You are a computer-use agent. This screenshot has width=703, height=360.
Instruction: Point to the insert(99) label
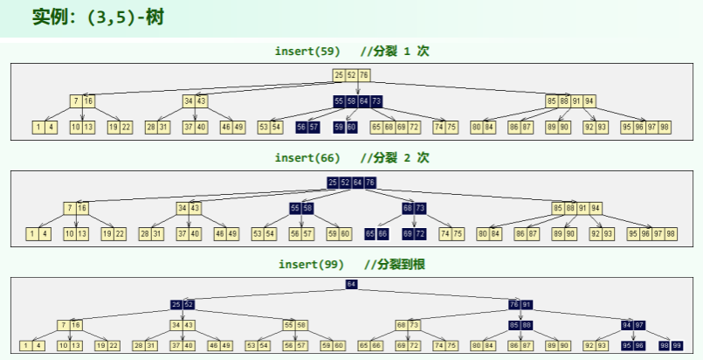pyautogui.click(x=311, y=264)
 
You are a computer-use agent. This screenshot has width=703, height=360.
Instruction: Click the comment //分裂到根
pyautogui.click(x=395, y=264)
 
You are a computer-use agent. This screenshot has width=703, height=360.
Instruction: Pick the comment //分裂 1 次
pyautogui.click(x=395, y=52)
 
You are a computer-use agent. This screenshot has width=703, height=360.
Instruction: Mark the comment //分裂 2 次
pyautogui.click(x=395, y=157)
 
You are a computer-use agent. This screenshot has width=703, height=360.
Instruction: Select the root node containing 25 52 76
pyautogui.click(x=351, y=75)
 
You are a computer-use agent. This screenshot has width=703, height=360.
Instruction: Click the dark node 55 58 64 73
pyautogui.click(x=358, y=101)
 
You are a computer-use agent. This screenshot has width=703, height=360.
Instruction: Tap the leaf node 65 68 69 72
pyautogui.click(x=395, y=128)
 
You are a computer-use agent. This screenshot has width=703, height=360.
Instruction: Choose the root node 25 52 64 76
pyautogui.click(x=351, y=182)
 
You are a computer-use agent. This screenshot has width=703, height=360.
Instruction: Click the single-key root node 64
pyautogui.click(x=351, y=285)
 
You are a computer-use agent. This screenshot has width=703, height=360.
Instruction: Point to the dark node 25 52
pyautogui.click(x=182, y=304)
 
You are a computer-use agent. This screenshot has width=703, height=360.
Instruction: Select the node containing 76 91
pyautogui.click(x=520, y=304)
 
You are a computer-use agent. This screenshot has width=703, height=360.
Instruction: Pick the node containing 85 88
pyautogui.click(x=520, y=325)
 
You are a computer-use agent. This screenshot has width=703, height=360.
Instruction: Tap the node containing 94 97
pyautogui.click(x=633, y=325)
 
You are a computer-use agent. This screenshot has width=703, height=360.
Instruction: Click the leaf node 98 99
pyautogui.click(x=671, y=346)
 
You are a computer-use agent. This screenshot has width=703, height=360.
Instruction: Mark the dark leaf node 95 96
pyautogui.click(x=633, y=346)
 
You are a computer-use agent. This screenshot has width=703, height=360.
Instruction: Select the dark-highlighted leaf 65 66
pyautogui.click(x=376, y=234)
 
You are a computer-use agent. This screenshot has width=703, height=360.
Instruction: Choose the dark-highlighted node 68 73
pyautogui.click(x=414, y=208)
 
